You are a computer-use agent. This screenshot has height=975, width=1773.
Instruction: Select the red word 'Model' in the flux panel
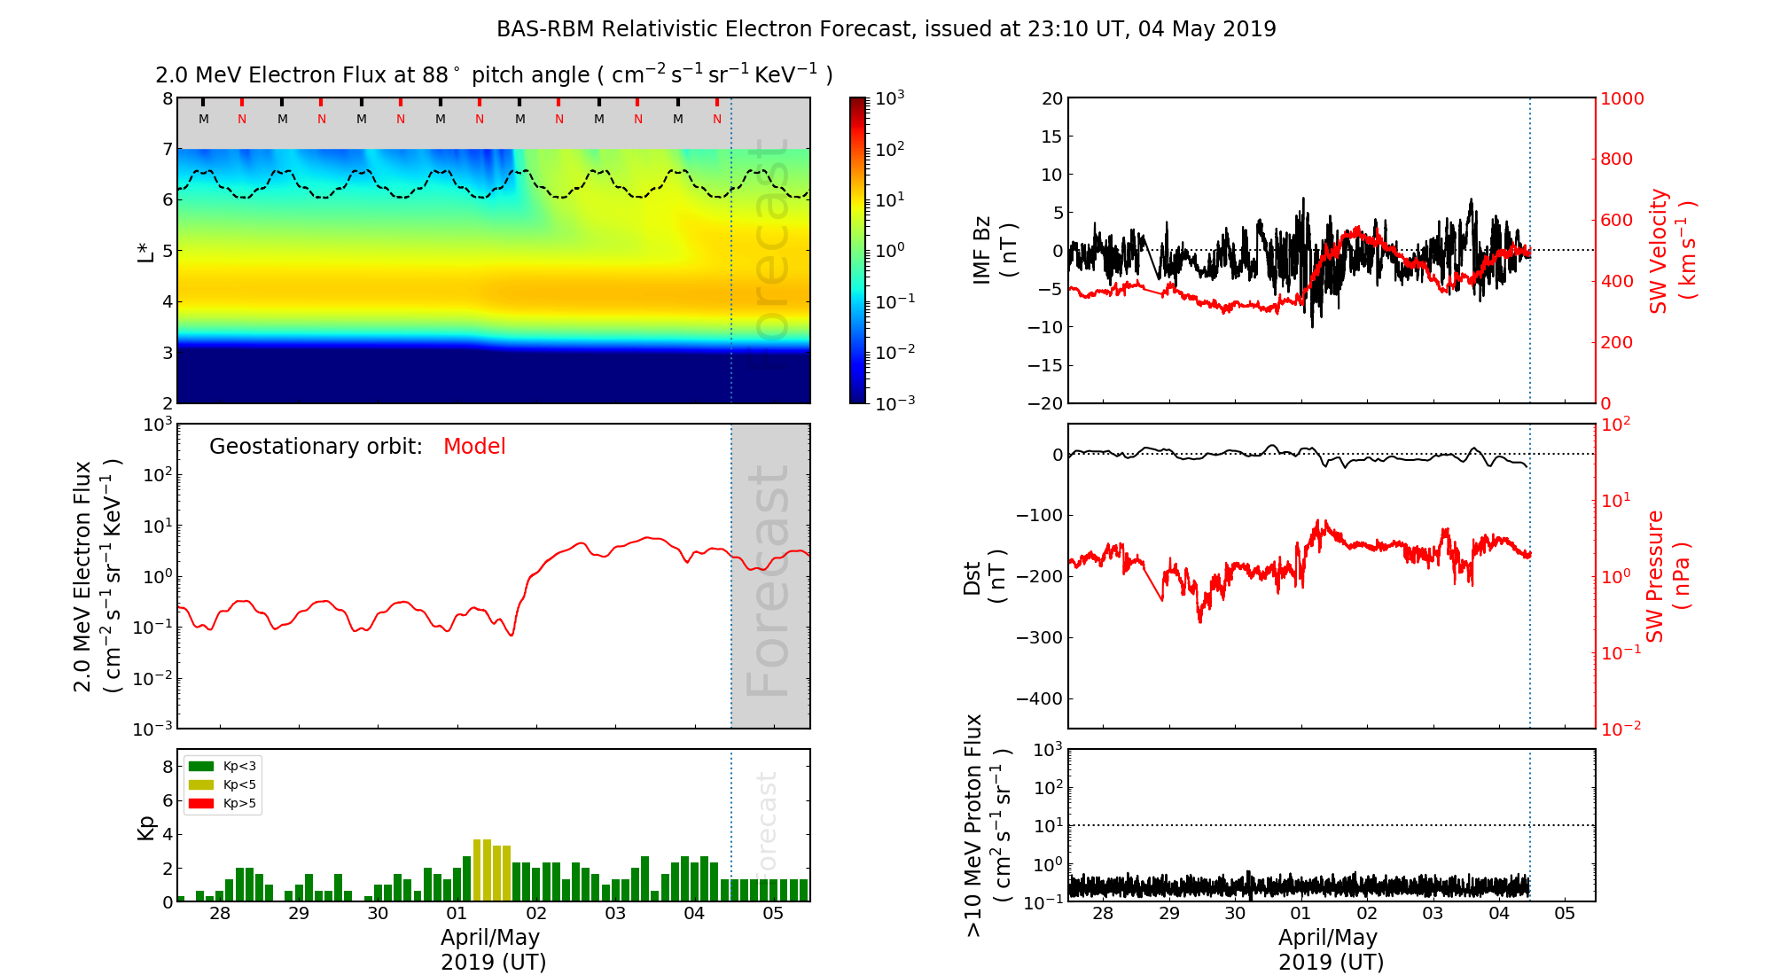click(474, 447)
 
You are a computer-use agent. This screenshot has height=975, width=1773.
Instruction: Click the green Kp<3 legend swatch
click(201, 766)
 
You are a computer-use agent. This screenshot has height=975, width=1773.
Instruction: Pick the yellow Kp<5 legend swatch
click(201, 784)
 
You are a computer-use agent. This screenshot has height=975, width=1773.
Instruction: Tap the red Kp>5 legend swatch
click(201, 804)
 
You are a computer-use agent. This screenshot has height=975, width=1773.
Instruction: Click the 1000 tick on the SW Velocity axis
click(1621, 98)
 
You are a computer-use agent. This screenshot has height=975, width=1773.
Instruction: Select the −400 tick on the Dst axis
click(1039, 698)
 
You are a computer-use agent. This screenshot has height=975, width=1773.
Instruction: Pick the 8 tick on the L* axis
click(167, 98)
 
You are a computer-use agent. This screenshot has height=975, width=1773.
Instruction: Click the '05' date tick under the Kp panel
click(773, 914)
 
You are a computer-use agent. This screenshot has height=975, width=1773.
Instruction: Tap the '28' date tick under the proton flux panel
click(1102, 914)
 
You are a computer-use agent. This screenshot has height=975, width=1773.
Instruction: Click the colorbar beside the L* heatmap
click(858, 250)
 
